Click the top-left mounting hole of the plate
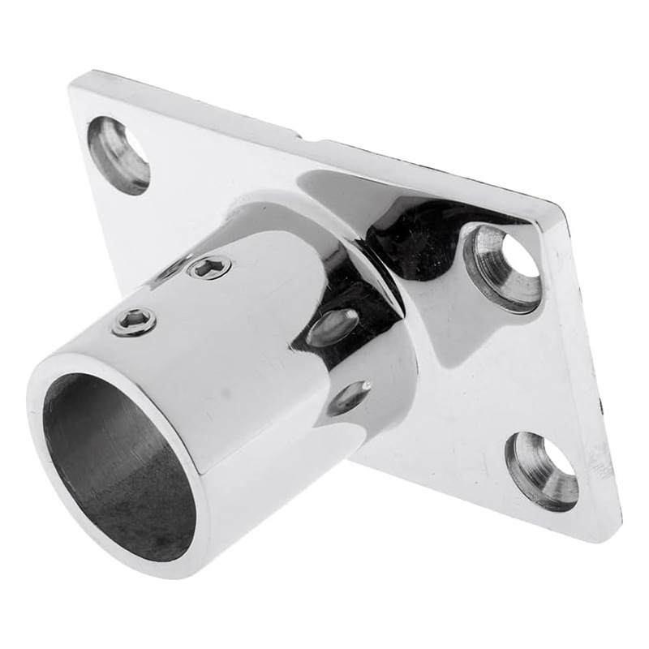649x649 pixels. tap(118, 154)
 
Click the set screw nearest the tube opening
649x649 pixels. tap(134, 323)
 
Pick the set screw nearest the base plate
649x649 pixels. tap(209, 266)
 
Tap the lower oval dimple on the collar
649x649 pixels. tap(349, 397)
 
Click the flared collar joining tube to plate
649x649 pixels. tap(357, 268)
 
